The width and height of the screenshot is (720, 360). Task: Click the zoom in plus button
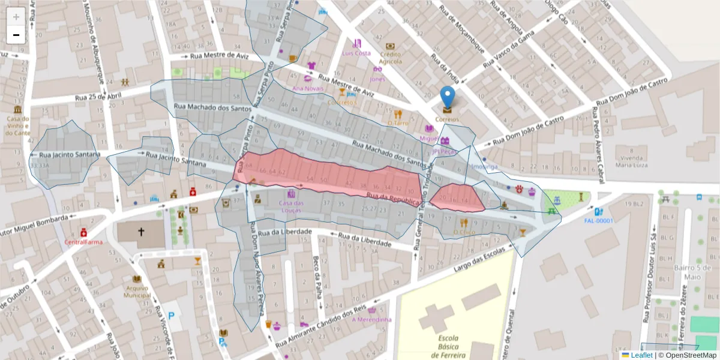tap(16, 17)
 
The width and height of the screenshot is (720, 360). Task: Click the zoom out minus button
tap(16, 35)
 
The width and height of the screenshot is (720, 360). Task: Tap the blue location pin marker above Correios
tap(447, 96)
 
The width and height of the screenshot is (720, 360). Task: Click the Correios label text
tap(447, 119)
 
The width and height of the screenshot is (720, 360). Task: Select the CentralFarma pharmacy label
tap(84, 242)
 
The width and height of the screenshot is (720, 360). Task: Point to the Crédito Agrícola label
tap(390, 58)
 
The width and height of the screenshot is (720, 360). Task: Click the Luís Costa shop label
tap(356, 53)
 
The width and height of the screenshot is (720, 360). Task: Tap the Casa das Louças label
tap(291, 206)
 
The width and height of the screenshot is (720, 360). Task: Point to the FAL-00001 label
tap(599, 221)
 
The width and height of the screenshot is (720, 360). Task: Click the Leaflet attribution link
tap(641, 355)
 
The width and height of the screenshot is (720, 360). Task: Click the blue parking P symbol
tap(172, 315)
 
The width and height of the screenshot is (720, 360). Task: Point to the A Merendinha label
tap(371, 320)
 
